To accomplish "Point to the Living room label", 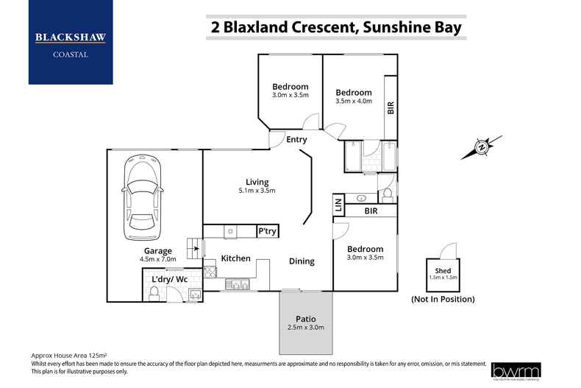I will [x=257, y=182].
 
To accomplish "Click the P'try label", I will [x=266, y=231].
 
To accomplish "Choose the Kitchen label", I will [x=236, y=258].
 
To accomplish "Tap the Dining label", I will [x=302, y=261].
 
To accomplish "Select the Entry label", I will [x=296, y=140].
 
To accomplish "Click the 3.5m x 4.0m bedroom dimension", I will [x=354, y=102].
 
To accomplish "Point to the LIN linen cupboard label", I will [x=338, y=205].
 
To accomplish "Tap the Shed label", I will [x=443, y=271].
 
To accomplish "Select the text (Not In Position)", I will [x=442, y=299].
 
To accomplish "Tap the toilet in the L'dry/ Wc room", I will [x=154, y=294].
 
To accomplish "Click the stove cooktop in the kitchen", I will [x=210, y=272].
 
